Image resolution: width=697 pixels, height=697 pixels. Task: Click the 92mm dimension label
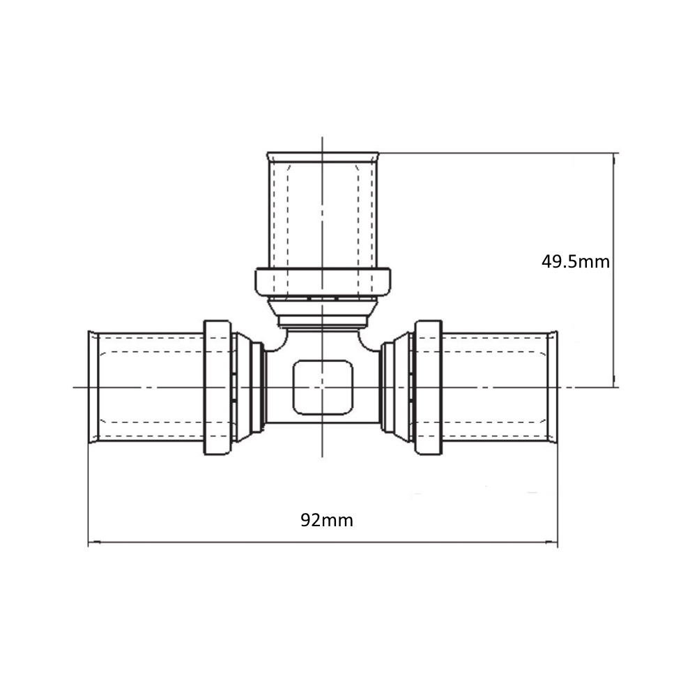327,520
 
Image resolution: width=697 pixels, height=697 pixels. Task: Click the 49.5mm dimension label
575,261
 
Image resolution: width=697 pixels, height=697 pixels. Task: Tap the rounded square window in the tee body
323,387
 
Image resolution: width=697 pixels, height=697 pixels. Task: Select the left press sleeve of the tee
146,387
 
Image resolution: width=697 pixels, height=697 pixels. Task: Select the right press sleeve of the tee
500,387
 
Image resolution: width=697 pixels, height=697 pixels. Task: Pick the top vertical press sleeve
323,210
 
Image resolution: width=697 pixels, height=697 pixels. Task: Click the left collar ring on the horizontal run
217,387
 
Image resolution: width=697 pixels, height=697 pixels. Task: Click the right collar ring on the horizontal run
429,387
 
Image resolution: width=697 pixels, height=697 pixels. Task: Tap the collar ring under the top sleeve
323,282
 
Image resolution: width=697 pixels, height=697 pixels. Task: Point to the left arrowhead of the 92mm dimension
94,542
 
